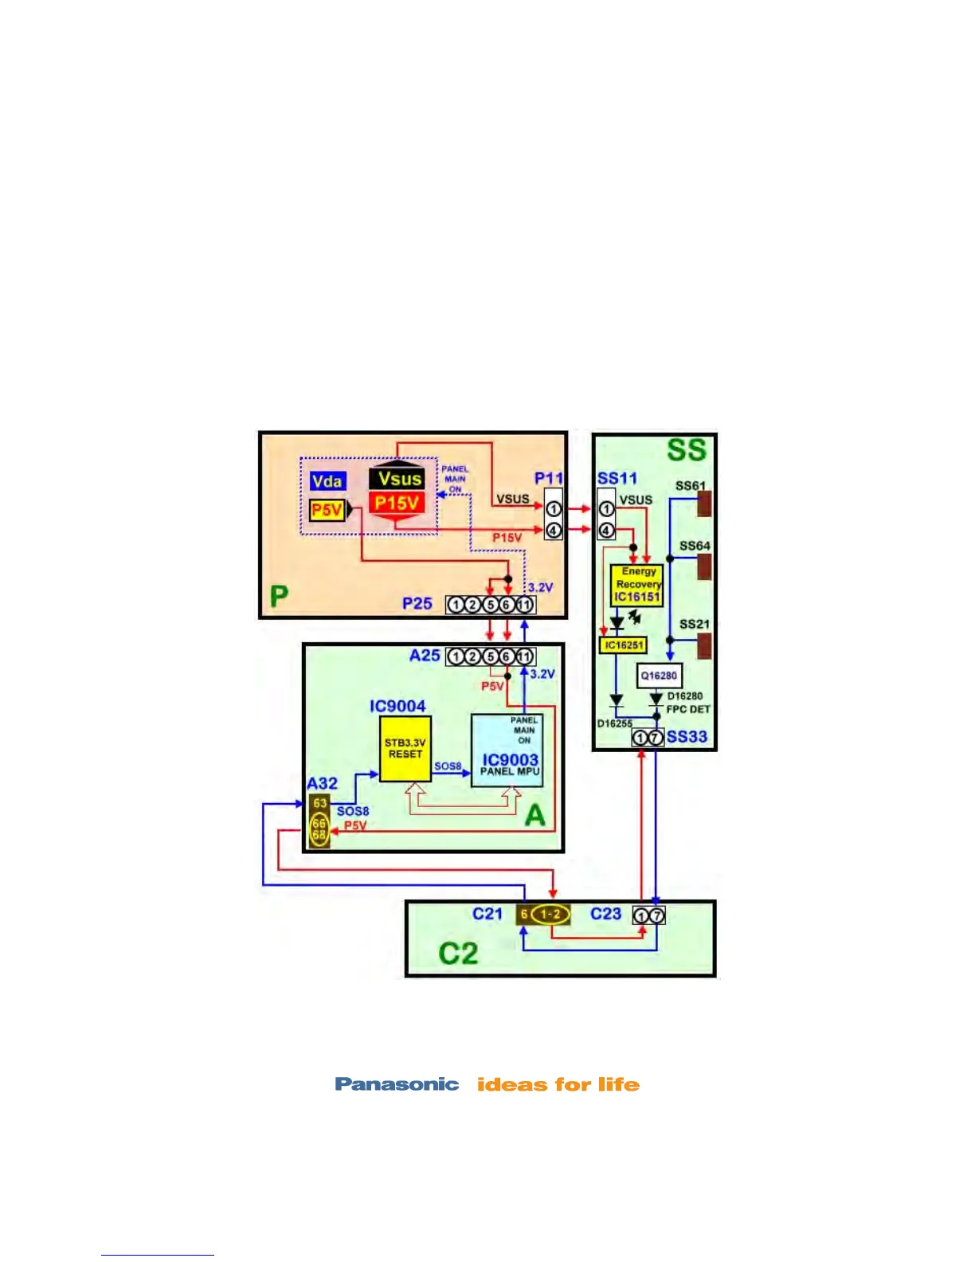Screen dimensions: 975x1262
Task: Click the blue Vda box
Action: click(x=327, y=480)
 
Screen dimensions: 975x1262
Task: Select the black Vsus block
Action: click(x=397, y=478)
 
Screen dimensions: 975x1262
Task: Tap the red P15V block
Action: click(x=397, y=503)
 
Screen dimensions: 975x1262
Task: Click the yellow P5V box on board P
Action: click(x=327, y=510)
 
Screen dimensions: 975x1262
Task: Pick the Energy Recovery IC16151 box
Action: click(x=636, y=585)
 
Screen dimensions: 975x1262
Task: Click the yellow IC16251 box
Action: click(x=623, y=645)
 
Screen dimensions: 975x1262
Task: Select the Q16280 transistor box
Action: click(x=660, y=676)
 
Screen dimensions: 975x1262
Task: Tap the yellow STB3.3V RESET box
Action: click(x=405, y=748)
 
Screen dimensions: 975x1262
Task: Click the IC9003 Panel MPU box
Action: click(x=507, y=751)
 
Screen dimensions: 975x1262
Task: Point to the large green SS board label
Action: click(x=687, y=450)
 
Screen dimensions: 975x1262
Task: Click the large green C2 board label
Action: click(x=458, y=953)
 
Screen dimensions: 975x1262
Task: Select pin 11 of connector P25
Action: click(x=524, y=605)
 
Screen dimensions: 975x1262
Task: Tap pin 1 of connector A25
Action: click(x=455, y=656)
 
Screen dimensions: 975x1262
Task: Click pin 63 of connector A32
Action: click(x=319, y=803)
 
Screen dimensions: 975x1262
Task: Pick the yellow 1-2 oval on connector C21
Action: click(x=550, y=915)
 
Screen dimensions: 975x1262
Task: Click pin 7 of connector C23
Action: click(x=656, y=915)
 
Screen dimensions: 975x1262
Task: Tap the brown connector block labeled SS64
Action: click(x=703, y=566)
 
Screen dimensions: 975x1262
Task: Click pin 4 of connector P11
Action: click(x=554, y=529)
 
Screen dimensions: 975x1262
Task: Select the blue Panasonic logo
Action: click(x=397, y=1084)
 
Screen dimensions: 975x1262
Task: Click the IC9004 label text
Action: click(x=397, y=706)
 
